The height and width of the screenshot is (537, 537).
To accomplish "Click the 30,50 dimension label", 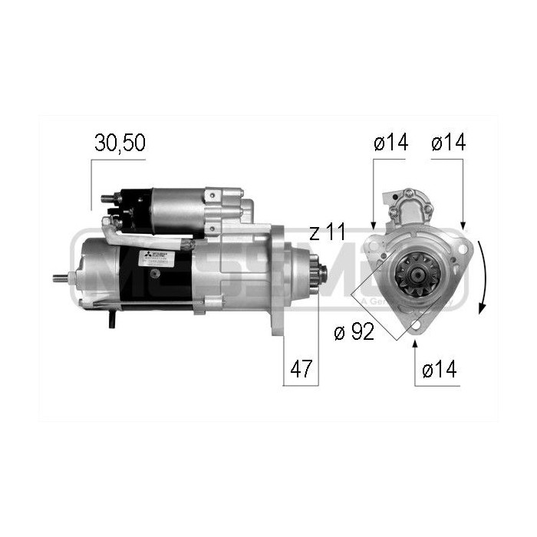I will (120, 142).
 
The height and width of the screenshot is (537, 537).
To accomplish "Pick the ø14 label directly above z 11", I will (390, 142).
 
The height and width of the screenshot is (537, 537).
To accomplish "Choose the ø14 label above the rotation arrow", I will (447, 142).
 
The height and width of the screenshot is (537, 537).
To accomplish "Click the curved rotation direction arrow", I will (483, 276).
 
